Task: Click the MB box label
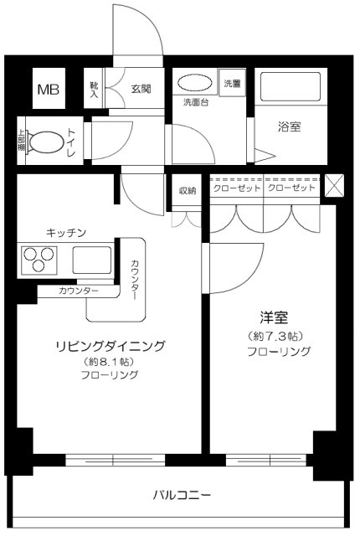coord(46,90)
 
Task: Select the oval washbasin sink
coord(196,85)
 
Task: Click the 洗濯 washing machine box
coord(232,84)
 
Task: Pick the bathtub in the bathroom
coord(289,89)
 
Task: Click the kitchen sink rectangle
coord(91,260)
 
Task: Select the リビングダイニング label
coord(110,346)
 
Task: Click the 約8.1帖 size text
coord(110,362)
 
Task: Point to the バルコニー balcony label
coord(181,495)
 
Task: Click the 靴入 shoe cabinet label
coord(94,89)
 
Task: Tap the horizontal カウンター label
coord(79,291)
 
